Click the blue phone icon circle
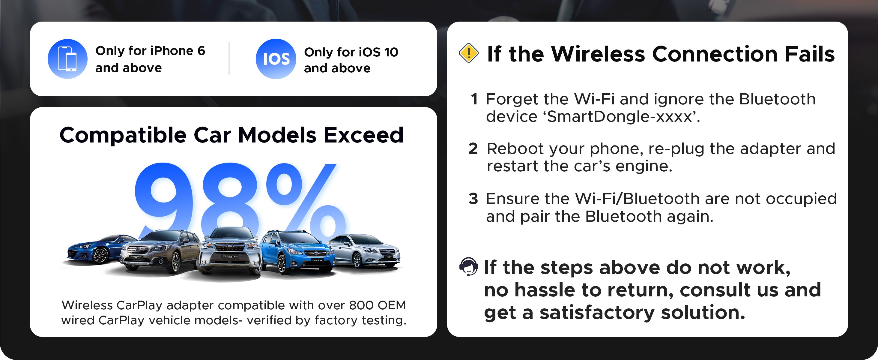click(67, 59)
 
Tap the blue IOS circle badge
click(276, 59)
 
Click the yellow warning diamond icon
click(469, 53)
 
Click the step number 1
click(474, 99)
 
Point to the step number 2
click(473, 148)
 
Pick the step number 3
click(473, 199)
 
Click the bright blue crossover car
click(297, 252)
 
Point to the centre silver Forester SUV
click(230, 252)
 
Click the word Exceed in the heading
click(363, 135)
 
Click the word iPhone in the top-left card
click(172, 51)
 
